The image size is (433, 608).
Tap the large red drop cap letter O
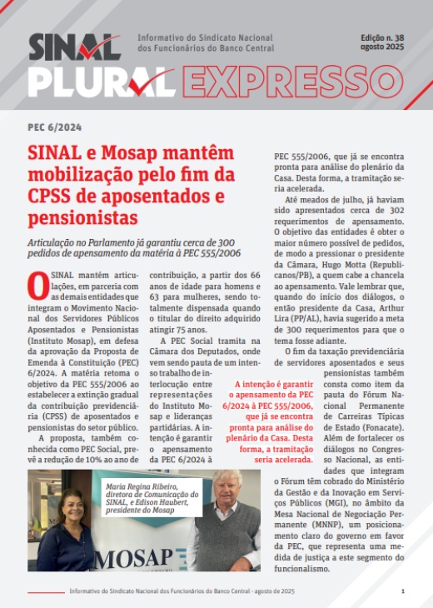pos(37,286)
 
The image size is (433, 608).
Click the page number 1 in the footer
pos(402,591)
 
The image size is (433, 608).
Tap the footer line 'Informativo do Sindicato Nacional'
pos(182,591)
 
